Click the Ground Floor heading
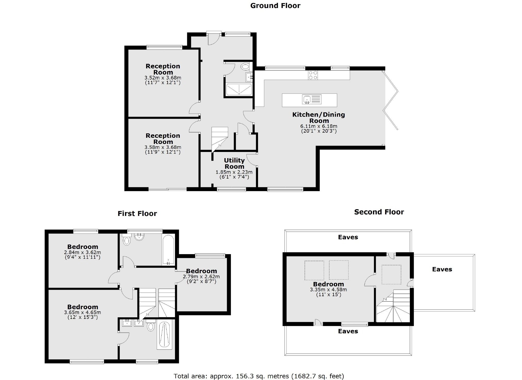tap(275, 6)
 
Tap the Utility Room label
tap(234, 163)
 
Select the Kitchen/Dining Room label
tap(319, 117)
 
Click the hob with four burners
tap(313, 75)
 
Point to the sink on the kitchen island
tap(307, 99)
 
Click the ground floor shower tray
tap(239, 90)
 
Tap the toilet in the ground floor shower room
tap(245, 67)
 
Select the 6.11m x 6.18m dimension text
tap(319, 126)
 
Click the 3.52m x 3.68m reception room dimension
tap(163, 78)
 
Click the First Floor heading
tap(137, 214)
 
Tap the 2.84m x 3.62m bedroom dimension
tap(82, 252)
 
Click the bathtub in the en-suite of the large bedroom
tap(164, 335)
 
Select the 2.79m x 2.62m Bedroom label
tap(201, 271)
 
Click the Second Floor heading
tap(379, 212)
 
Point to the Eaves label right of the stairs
tap(442, 269)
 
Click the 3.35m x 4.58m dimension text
tap(328, 289)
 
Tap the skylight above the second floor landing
tap(391, 274)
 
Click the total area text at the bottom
tap(259, 376)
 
